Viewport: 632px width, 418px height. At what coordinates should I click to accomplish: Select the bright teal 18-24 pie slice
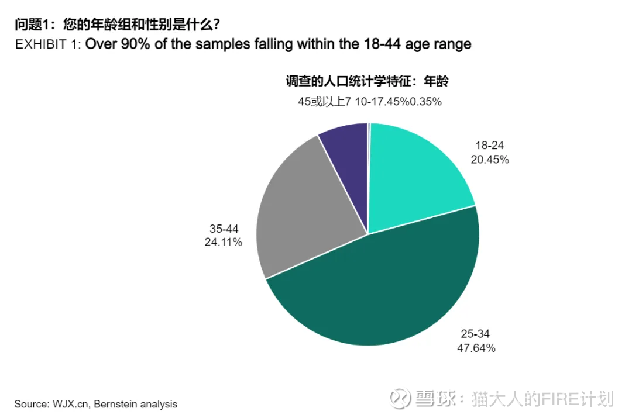click(x=415, y=175)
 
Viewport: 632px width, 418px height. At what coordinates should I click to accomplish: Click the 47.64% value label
click(x=476, y=348)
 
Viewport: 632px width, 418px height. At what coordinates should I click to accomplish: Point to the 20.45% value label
click(x=489, y=160)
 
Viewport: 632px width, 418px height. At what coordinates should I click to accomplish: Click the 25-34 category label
click(x=475, y=334)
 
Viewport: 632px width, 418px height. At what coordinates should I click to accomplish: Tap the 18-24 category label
click(x=489, y=146)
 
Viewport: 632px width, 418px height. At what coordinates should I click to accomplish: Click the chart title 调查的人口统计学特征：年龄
click(x=367, y=81)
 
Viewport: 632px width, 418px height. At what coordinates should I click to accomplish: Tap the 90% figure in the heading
click(x=134, y=44)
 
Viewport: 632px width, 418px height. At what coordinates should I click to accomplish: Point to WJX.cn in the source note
click(x=70, y=404)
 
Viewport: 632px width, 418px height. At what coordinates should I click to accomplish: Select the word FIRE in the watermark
click(x=555, y=399)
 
